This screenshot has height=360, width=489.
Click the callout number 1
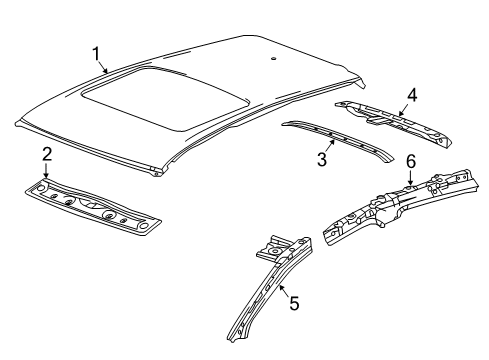(x=96, y=54)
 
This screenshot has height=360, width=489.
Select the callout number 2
(x=47, y=155)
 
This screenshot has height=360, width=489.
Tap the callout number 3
(x=322, y=159)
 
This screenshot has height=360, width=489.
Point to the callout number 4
(x=412, y=95)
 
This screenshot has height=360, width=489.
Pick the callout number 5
(x=294, y=303)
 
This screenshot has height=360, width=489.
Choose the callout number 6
(x=411, y=162)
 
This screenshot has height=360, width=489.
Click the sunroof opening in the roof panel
(x=165, y=98)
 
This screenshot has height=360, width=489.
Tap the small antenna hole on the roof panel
(x=273, y=59)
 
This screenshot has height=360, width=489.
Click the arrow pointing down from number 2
(x=46, y=171)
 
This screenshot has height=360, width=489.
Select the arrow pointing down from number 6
(x=411, y=177)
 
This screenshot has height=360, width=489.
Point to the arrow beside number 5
(x=284, y=292)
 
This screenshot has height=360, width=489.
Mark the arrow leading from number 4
(x=403, y=110)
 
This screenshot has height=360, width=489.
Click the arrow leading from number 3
(x=329, y=146)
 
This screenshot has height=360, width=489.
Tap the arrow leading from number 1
(x=103, y=67)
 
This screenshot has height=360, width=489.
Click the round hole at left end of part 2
(x=41, y=188)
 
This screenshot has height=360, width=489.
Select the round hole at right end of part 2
(x=143, y=226)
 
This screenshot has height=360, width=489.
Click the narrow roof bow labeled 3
(x=337, y=141)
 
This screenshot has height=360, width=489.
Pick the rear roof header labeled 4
(x=393, y=122)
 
